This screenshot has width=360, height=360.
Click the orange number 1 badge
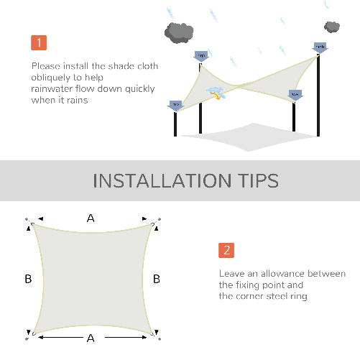point(39,42)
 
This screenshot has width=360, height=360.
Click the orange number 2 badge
point(226,251)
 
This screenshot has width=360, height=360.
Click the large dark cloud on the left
point(178,31)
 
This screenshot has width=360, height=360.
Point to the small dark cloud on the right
point(331,27)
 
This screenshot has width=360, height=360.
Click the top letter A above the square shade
point(91,218)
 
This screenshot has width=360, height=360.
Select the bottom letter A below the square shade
point(90,337)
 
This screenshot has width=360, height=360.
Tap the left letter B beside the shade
point(28,279)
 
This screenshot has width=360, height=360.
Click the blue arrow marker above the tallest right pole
point(320,47)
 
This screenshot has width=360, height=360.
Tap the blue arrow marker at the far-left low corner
point(175,105)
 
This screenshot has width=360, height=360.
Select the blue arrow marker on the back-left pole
point(200,55)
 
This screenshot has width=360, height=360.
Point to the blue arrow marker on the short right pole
point(295,95)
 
